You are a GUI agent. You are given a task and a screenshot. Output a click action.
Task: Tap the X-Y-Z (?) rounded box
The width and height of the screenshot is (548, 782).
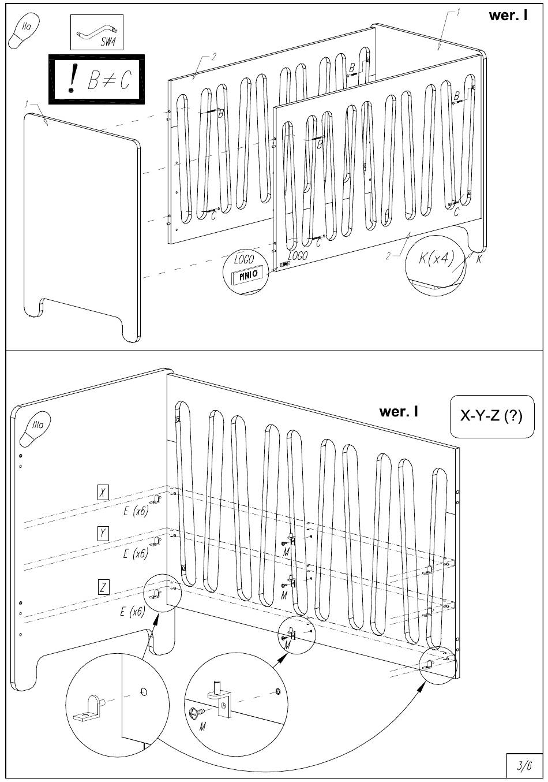coord(491,416)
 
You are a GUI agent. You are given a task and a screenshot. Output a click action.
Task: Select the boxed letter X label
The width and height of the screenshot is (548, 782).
coord(102,493)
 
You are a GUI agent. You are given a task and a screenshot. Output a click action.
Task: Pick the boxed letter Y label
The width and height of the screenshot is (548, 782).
coord(102,533)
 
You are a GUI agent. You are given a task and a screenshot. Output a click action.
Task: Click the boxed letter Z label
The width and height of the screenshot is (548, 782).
coord(103,588)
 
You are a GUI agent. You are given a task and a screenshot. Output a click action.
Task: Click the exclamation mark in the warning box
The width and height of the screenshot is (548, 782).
coord(72,80)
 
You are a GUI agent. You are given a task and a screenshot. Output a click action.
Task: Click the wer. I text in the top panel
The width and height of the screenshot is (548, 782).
coord(508,16)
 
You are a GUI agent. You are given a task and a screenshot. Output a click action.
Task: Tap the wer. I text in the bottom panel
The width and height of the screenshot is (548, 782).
coord(398,412)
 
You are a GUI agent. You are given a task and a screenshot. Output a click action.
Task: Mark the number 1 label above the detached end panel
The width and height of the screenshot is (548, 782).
coord(27,103)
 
